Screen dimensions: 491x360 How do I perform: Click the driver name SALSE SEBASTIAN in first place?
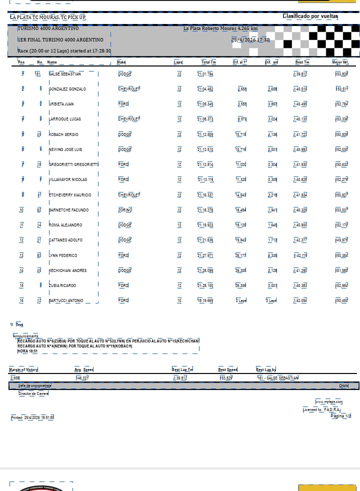tap(64, 74)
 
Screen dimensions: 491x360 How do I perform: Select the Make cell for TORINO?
tap(125, 210)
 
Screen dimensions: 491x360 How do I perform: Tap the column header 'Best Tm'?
tap(302, 62)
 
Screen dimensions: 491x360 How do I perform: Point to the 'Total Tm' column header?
tap(208, 62)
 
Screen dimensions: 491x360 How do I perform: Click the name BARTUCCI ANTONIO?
tap(66, 300)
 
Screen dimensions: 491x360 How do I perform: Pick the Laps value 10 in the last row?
tap(179, 300)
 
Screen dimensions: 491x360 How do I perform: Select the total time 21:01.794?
tap(205, 74)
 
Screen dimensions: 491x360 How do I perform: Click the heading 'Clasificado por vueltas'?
tap(310, 16)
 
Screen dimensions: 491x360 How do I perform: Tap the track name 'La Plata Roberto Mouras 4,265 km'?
tap(220, 28)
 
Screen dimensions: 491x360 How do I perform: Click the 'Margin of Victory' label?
tap(23, 369)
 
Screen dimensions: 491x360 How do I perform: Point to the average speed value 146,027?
tap(81, 378)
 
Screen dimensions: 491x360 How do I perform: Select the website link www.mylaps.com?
tap(328, 401)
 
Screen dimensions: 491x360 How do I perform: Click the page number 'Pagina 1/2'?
tap(341, 416)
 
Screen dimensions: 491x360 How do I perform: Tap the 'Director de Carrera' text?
tap(33, 393)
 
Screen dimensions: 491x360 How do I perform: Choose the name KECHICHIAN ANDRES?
tap(67, 270)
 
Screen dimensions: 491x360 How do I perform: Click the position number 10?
tap(21, 210)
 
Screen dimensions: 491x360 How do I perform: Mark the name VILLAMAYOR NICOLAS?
tap(67, 179)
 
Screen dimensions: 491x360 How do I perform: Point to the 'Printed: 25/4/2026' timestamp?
tap(32, 417)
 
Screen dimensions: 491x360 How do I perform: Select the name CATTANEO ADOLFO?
tap(65, 240)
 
